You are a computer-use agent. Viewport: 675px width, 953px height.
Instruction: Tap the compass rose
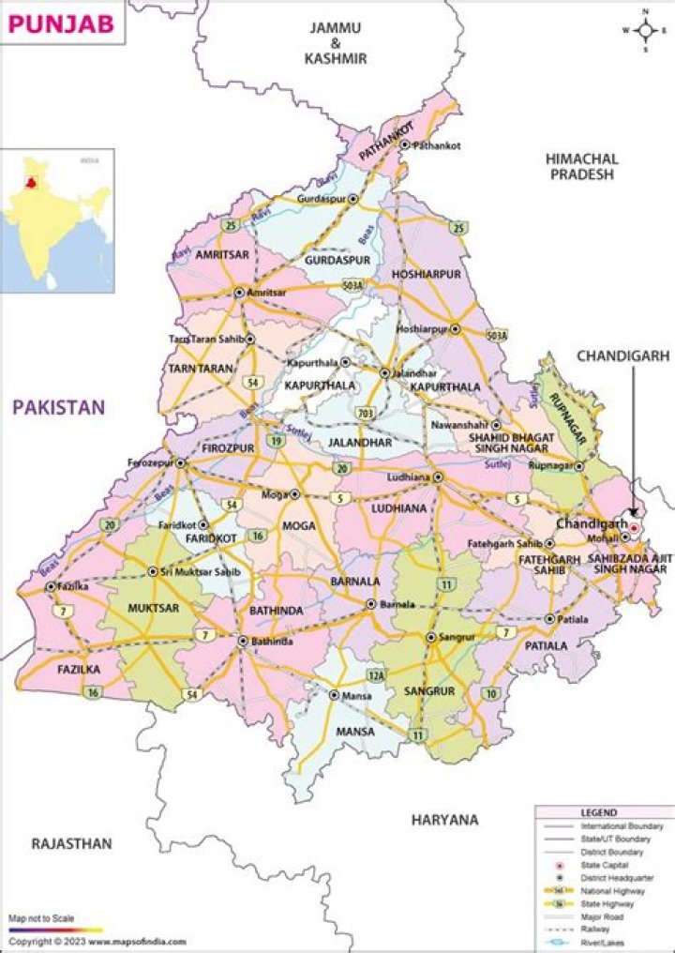point(645,30)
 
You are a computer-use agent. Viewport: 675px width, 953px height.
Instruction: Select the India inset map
point(57,220)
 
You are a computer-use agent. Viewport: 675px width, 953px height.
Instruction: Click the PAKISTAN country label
point(58,407)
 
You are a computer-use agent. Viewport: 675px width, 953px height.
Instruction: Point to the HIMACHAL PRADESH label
point(581,167)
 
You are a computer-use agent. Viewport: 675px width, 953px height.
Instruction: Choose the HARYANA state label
point(444,820)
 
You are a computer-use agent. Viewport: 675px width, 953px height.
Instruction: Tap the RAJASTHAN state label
point(71,843)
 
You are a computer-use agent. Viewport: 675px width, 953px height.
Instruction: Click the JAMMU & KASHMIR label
point(335,43)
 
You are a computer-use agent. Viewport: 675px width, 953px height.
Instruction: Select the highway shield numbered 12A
point(377,674)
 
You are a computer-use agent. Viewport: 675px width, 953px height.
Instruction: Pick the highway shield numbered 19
point(276,440)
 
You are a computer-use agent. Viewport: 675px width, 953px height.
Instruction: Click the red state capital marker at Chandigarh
point(634,529)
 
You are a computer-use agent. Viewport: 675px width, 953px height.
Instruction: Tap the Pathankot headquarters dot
point(405,145)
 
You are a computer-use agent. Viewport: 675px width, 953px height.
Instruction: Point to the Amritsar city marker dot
point(239,293)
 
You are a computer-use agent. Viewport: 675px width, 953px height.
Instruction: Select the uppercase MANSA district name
point(354,732)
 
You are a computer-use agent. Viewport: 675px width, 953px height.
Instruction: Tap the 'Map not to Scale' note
point(42,917)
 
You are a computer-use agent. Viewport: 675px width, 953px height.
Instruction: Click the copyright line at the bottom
point(97,941)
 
